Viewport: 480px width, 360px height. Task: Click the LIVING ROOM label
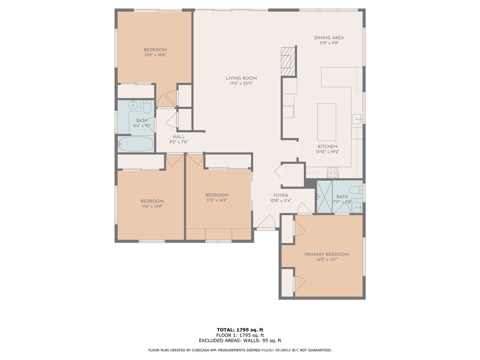pyautogui.click(x=241, y=78)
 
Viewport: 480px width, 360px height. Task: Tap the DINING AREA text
pyautogui.click(x=329, y=38)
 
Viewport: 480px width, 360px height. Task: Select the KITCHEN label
pyautogui.click(x=326, y=147)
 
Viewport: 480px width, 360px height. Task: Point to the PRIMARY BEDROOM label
pyautogui.click(x=326, y=255)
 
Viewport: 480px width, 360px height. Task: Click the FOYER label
pyautogui.click(x=281, y=195)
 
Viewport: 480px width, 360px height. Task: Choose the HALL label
pyautogui.click(x=178, y=137)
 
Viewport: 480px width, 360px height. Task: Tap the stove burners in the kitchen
pyautogui.click(x=332, y=172)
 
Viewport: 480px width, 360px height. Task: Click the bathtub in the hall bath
pyautogui.click(x=135, y=144)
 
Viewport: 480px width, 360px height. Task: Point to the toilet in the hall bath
pyautogui.click(x=147, y=108)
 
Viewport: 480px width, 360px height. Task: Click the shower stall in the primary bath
pyautogui.click(x=324, y=197)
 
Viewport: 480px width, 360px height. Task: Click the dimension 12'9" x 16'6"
pyautogui.click(x=155, y=55)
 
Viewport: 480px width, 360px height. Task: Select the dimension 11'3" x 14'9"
pyautogui.click(x=217, y=201)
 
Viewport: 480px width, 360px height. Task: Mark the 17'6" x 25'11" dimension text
pyautogui.click(x=241, y=84)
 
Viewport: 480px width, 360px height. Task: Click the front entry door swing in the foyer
pyautogui.click(x=267, y=223)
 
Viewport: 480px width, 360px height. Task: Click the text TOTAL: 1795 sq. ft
pyautogui.click(x=240, y=330)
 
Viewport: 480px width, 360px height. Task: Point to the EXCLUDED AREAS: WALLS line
pyautogui.click(x=240, y=341)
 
